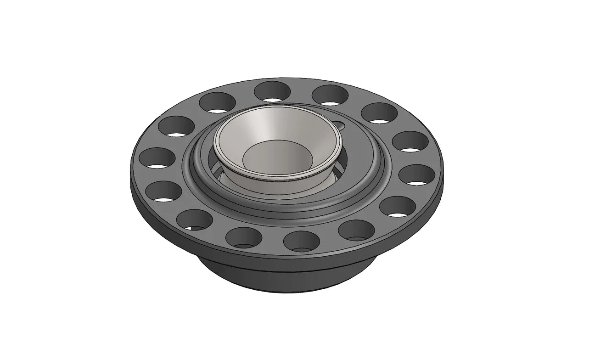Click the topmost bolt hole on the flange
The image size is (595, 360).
click(273, 91)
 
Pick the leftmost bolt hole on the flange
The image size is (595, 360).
click(157, 157)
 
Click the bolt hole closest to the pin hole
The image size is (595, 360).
click(330, 95)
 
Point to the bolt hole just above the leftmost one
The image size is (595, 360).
click(176, 126)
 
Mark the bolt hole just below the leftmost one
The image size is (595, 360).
click(163, 191)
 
